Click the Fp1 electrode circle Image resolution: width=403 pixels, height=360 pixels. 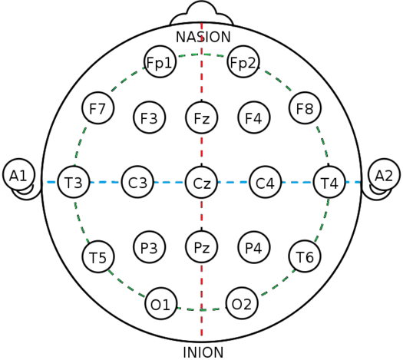(x=160, y=61)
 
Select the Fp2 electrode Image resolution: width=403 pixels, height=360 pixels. (x=243, y=61)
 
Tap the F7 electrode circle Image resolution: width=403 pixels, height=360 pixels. (x=98, y=108)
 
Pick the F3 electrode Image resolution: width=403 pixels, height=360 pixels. (x=150, y=117)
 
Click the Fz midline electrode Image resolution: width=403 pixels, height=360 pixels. (x=202, y=117)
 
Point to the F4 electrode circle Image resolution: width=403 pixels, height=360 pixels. (x=254, y=117)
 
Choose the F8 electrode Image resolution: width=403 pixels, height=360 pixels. (x=305, y=108)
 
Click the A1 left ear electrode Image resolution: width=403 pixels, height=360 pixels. (x=18, y=175)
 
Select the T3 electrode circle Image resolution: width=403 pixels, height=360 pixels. (x=74, y=182)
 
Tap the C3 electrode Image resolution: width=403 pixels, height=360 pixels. (x=137, y=182)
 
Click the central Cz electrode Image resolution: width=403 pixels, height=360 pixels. (x=202, y=182)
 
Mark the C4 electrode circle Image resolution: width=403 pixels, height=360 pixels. (x=266, y=182)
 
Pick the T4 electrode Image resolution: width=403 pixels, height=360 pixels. (x=329, y=182)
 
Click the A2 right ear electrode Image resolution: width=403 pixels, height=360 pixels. (x=385, y=175)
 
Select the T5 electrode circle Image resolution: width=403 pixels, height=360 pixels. (x=98, y=256)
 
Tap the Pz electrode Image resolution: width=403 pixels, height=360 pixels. (x=202, y=247)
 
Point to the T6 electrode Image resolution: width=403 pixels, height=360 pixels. (x=305, y=256)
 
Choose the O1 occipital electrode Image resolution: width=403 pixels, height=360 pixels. (x=161, y=303)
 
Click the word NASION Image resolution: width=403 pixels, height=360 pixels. (x=203, y=37)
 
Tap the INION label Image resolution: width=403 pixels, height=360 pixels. (x=203, y=352)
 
